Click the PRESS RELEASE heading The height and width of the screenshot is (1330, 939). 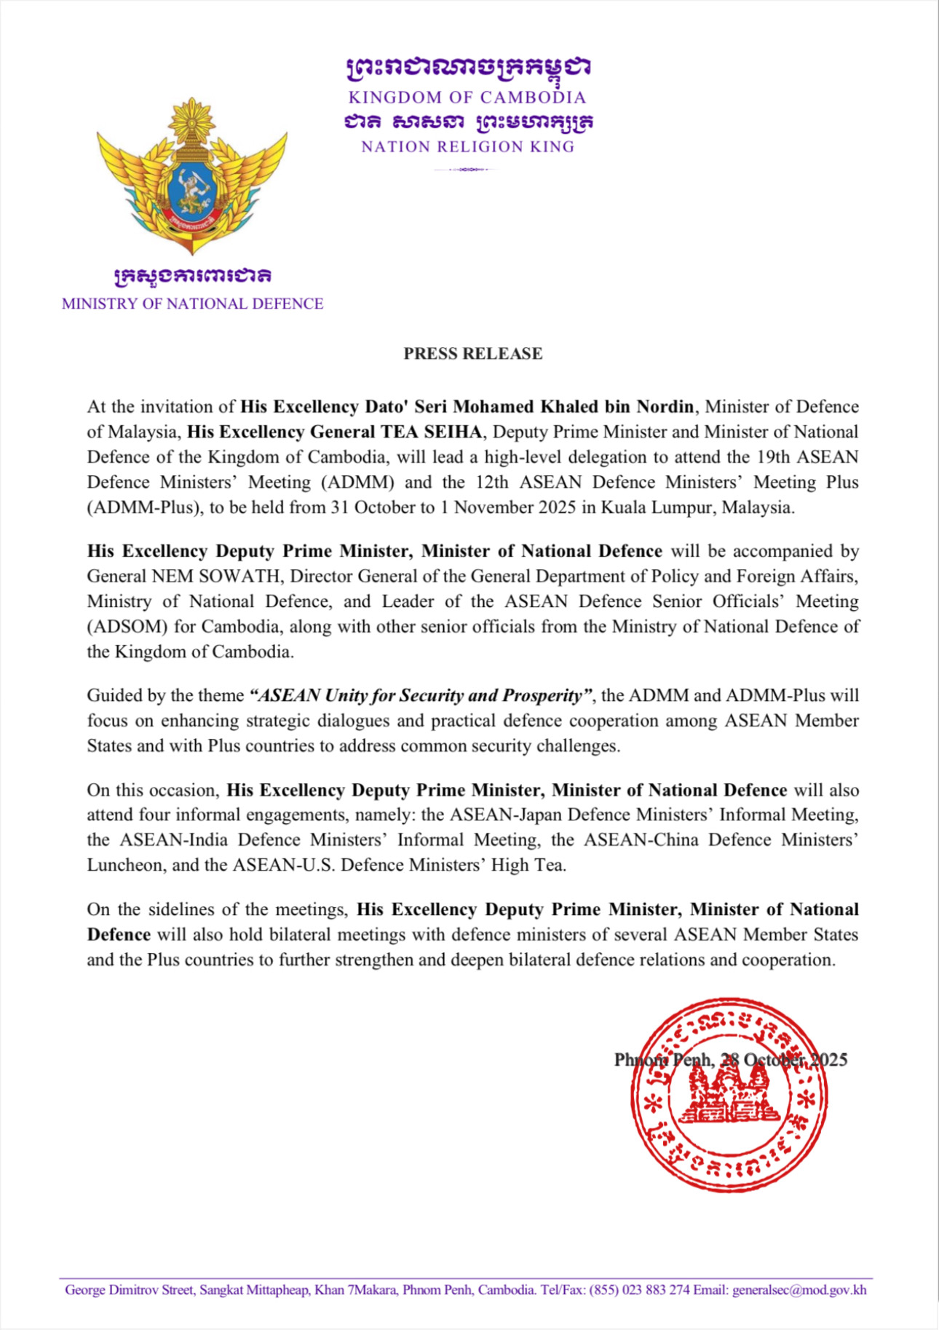[x=473, y=354]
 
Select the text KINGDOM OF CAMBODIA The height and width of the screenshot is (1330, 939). [x=467, y=98]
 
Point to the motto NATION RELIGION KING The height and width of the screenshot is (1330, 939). [x=467, y=147]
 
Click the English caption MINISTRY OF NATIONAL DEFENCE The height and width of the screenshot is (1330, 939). [x=192, y=304]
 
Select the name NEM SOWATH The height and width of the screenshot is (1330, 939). [x=215, y=577]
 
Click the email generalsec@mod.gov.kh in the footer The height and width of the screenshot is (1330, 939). [x=799, y=1290]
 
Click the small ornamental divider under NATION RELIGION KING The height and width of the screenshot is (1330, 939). [x=466, y=170]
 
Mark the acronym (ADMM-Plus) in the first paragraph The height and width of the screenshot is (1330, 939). [x=144, y=507]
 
